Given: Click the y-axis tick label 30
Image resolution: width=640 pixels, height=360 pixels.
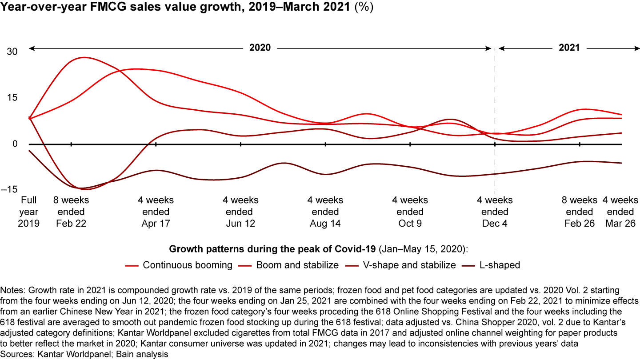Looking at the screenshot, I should [12, 52].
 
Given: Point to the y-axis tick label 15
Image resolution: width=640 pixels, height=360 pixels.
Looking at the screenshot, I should [12, 98].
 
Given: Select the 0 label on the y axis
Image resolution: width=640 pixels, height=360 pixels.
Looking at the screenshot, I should [15, 144].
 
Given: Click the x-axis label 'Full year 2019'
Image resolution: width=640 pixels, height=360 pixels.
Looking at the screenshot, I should [28, 212].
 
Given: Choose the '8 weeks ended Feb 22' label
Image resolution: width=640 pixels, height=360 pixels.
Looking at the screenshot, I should [71, 212].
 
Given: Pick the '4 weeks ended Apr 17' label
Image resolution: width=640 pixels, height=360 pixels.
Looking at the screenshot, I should [156, 212].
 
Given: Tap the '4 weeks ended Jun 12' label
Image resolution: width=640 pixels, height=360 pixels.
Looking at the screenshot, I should [240, 212].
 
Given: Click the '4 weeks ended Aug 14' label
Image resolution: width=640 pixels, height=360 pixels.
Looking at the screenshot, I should [325, 212].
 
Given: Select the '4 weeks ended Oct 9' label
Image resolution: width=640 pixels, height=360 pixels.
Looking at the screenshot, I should [410, 212].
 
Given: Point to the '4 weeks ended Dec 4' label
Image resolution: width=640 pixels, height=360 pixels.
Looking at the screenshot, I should [495, 212].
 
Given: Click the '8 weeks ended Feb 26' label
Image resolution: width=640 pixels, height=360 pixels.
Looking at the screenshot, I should [580, 212].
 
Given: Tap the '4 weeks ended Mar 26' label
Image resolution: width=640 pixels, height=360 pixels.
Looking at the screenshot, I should [620, 212].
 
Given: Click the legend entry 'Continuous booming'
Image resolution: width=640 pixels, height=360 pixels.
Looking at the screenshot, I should [188, 265].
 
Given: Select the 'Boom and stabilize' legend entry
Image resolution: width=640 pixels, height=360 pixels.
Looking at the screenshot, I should [297, 265].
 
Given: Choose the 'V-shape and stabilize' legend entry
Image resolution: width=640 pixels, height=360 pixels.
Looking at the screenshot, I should [412, 265].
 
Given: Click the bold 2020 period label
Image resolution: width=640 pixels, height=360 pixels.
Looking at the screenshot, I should [260, 48].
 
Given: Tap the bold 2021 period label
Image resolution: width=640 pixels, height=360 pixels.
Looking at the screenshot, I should [569, 48].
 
